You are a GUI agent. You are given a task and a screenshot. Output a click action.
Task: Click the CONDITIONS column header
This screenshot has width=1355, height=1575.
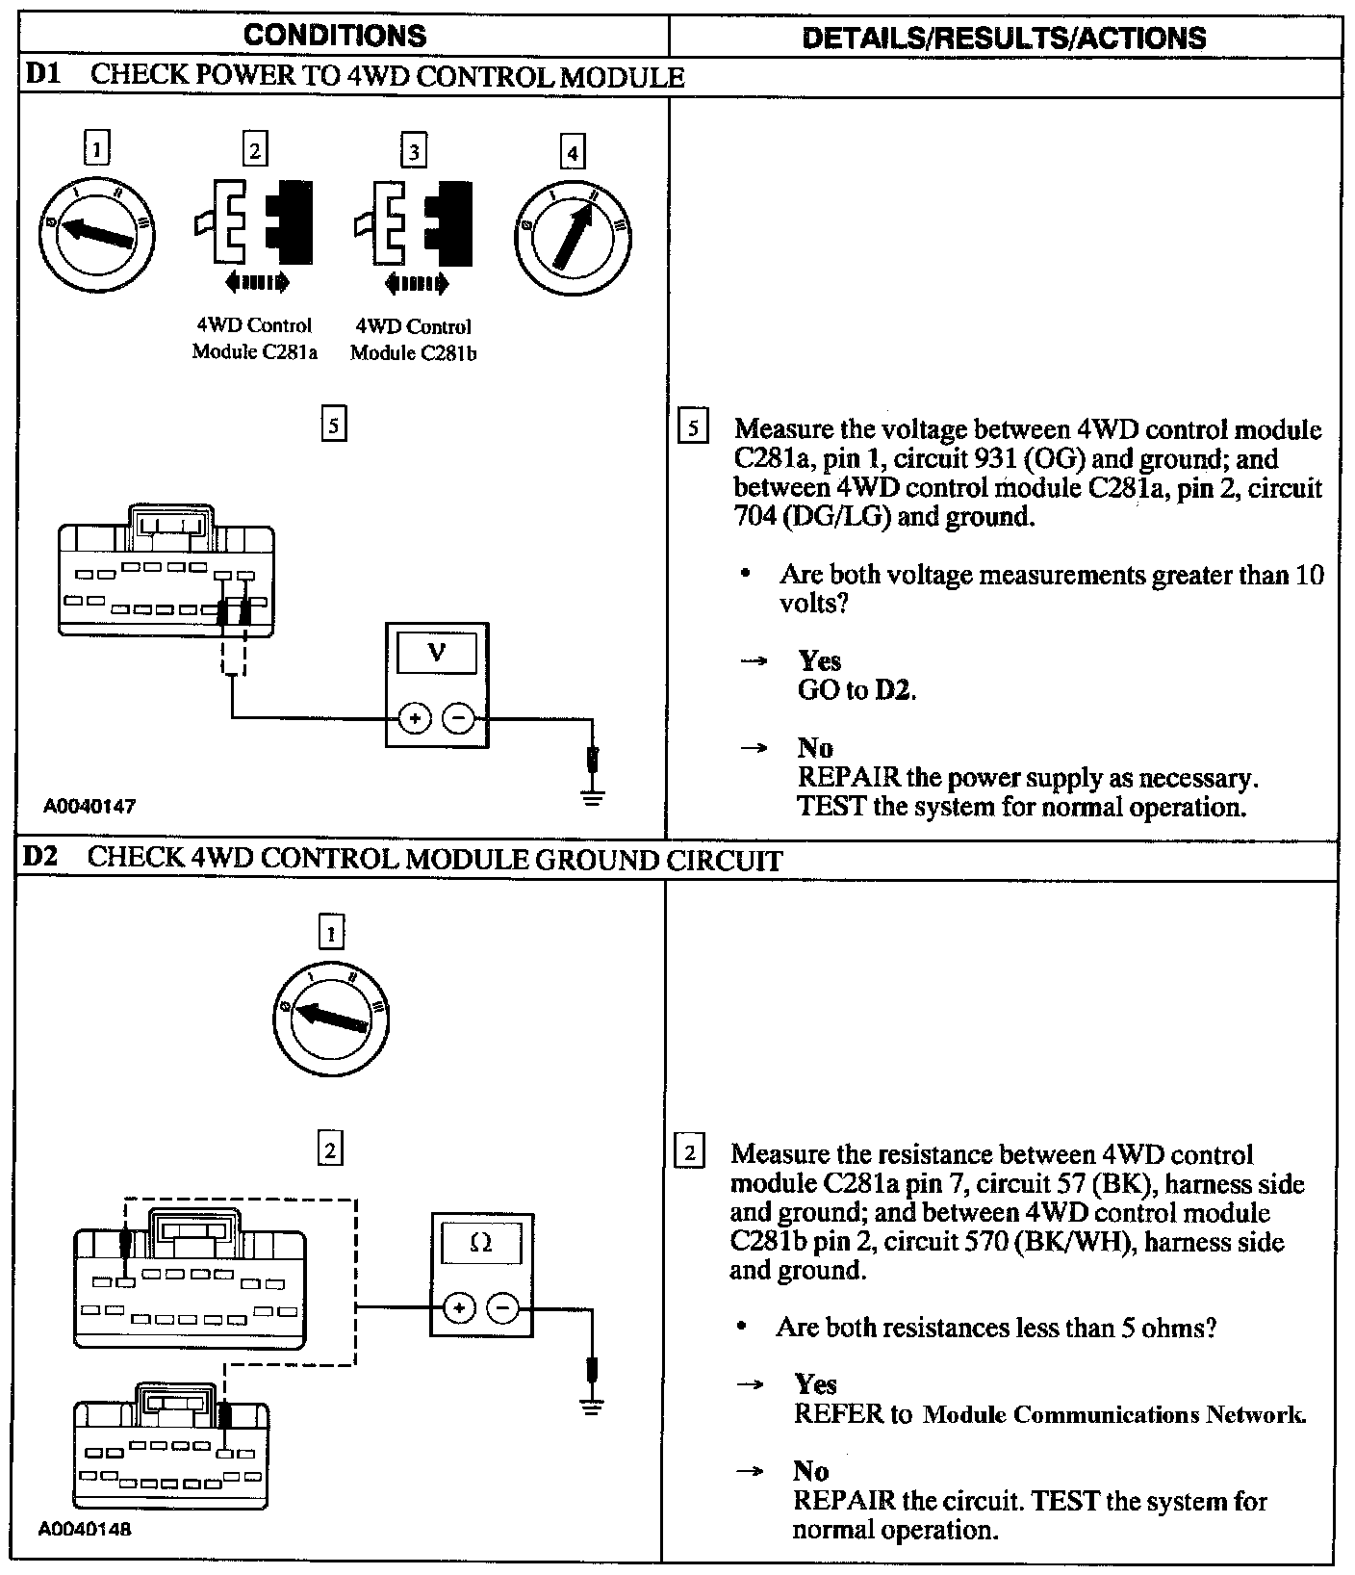pos(335,36)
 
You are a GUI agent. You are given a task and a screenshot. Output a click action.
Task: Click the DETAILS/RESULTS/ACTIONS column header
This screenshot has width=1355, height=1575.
pos(1003,38)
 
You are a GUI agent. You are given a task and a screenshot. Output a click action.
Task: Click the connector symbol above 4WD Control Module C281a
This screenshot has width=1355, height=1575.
pos(254,224)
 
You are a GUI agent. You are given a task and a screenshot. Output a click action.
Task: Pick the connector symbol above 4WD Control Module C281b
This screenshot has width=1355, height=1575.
pos(414,224)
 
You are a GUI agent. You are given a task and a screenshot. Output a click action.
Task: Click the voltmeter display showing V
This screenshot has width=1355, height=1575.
pos(436,654)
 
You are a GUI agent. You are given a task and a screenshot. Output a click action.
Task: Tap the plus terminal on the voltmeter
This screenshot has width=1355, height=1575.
pos(415,718)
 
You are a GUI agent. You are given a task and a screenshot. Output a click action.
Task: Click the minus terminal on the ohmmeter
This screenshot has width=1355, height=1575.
pos(503,1307)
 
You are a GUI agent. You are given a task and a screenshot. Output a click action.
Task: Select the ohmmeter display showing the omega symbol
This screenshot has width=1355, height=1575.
pos(481,1243)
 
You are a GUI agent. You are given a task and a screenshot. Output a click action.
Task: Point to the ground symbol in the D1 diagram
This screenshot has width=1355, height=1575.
pos(593,795)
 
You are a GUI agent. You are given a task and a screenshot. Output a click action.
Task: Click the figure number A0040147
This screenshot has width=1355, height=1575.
pos(88,807)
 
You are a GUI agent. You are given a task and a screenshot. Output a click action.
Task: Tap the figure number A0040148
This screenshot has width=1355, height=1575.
pos(86,1528)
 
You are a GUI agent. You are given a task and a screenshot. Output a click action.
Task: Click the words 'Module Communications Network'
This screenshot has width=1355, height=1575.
pos(1113,1414)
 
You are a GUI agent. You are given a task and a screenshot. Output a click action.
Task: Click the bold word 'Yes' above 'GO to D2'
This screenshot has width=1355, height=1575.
pos(819,660)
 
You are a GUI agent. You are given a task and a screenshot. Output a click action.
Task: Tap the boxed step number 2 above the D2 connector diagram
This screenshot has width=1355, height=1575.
pos(330,1149)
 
